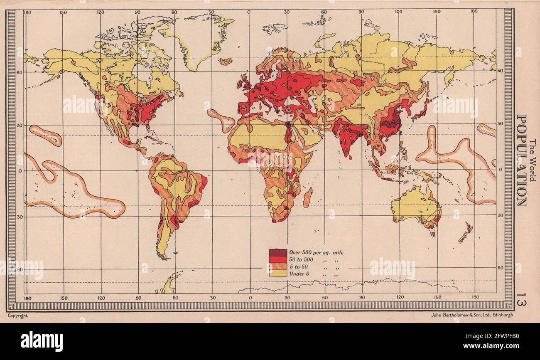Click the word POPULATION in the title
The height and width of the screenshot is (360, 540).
point(521,160)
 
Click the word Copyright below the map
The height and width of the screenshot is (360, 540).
point(17,316)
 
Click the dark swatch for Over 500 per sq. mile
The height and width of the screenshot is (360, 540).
point(277,253)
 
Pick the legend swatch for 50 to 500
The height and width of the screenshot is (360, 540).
point(277,259)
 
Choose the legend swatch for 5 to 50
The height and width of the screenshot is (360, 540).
point(277,266)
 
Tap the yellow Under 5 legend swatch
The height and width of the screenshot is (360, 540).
point(277,273)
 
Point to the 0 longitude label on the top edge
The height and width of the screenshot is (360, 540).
point(249,12)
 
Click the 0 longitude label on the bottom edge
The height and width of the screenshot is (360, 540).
point(250,298)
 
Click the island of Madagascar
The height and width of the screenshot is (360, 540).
point(307,198)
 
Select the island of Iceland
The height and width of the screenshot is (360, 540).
point(226,62)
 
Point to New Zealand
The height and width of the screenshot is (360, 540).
point(465,233)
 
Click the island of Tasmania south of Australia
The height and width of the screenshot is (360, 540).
point(432,234)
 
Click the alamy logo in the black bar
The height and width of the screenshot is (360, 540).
point(42,341)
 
